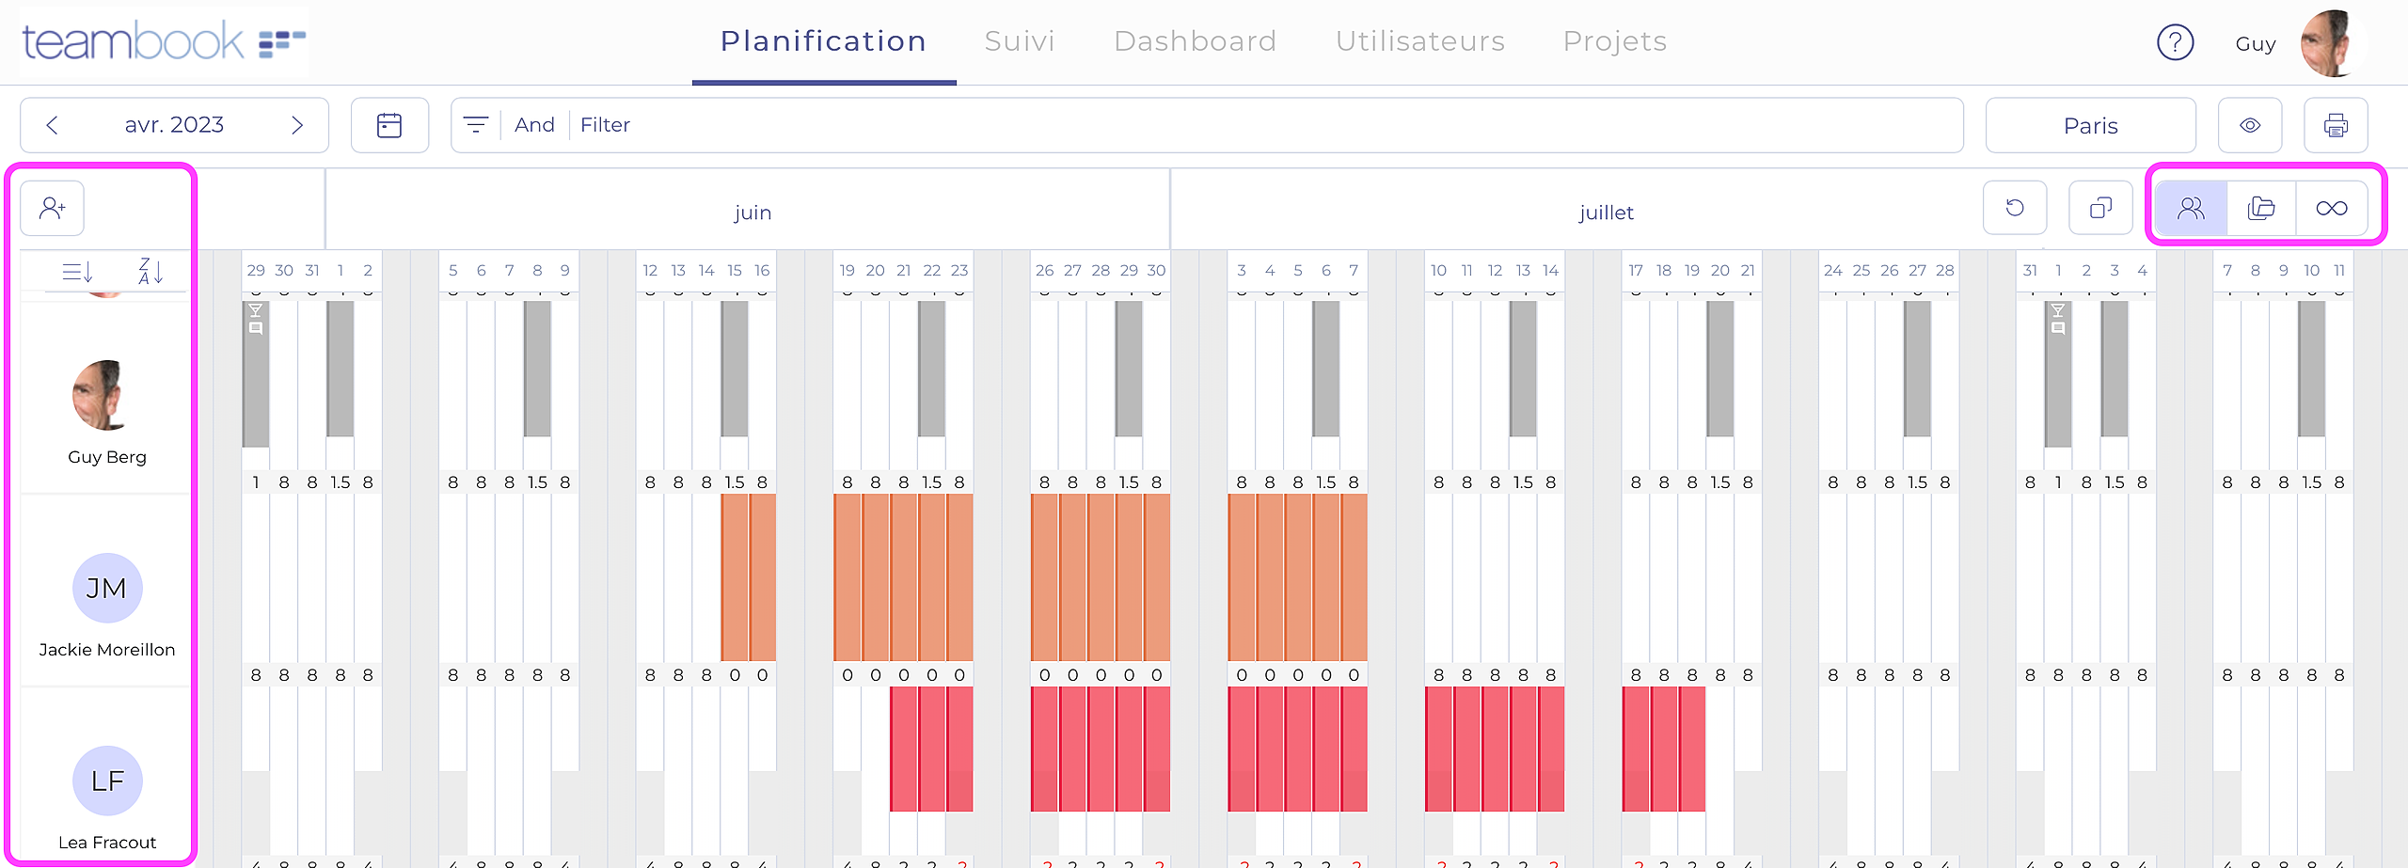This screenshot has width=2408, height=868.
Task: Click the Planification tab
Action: (823, 41)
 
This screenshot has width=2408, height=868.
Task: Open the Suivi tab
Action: (1019, 41)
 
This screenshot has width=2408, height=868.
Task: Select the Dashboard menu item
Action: (1195, 41)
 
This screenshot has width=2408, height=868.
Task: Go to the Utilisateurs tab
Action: (1420, 41)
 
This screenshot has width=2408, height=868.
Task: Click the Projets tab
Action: (1614, 41)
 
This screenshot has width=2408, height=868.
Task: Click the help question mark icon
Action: (2175, 42)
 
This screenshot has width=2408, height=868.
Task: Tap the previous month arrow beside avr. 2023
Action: (53, 125)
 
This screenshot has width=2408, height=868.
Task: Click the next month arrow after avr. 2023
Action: (297, 125)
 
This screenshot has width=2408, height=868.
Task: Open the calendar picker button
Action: (389, 125)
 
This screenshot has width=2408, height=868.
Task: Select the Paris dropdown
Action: (2090, 125)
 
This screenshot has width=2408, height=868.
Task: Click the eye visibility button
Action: (2249, 125)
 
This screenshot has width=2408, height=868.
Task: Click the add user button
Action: (53, 208)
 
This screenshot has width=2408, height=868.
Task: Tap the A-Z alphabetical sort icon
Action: (150, 272)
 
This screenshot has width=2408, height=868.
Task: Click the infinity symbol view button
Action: (2331, 208)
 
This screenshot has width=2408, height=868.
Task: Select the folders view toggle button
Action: (2260, 208)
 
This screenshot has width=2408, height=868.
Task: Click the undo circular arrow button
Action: (2014, 208)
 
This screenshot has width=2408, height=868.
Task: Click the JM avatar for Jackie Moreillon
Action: (107, 588)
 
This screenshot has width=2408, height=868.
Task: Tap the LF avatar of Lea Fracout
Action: (107, 781)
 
